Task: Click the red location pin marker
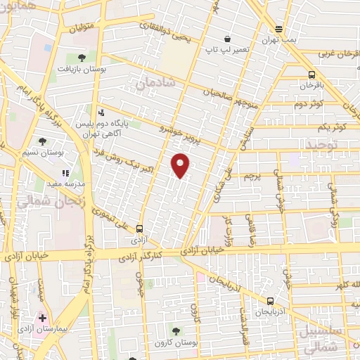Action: pyautogui.click(x=181, y=165)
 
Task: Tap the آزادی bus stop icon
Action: pyautogui.click(x=139, y=229)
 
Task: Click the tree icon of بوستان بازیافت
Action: pyautogui.click(x=82, y=58)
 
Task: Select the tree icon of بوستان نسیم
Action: pyautogui.click(x=44, y=141)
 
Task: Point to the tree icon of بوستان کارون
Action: pyautogui.click(x=175, y=330)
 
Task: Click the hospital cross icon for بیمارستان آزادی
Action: pyautogui.click(x=43, y=318)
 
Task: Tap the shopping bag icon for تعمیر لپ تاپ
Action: pyautogui.click(x=226, y=39)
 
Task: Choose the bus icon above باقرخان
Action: pyautogui.click(x=311, y=75)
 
